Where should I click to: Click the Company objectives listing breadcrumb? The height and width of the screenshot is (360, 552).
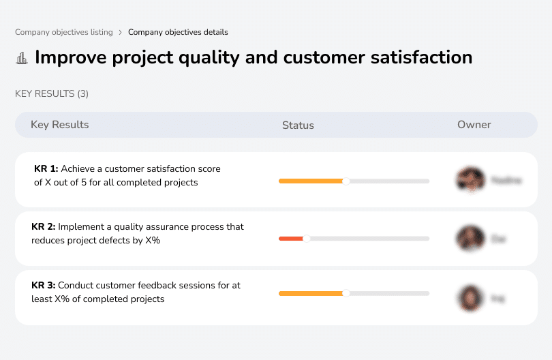64,32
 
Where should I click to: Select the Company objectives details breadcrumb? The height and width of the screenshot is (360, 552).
178,32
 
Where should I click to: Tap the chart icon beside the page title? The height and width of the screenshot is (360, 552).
22,58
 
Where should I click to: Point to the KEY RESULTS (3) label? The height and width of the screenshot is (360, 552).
52,93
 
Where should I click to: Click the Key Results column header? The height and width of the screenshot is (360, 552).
60,125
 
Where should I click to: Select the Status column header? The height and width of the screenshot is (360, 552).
298,125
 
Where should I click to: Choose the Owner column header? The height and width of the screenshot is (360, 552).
474,125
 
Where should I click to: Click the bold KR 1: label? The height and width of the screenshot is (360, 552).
46,168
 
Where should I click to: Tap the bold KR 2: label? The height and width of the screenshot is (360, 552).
44,226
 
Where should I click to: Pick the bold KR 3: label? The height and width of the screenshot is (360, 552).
44,285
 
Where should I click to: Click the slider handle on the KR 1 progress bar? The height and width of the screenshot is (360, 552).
346,181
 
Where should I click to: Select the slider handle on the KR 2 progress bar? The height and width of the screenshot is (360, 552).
306,239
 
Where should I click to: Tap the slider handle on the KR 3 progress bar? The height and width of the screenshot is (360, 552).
346,293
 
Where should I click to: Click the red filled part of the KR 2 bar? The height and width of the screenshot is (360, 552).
290,239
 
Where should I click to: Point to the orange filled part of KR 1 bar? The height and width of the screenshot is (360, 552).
310,181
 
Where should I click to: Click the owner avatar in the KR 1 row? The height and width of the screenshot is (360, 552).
470,180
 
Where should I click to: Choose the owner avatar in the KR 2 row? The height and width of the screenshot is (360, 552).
470,239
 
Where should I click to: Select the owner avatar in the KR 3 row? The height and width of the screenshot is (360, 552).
470,297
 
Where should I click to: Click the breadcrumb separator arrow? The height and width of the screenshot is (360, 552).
120,32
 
